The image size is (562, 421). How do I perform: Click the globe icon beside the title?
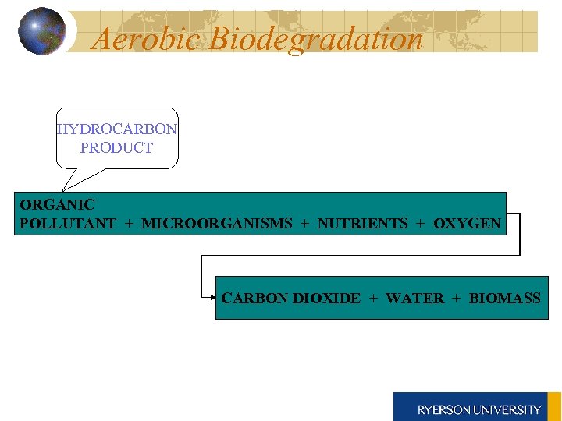(x=41, y=31)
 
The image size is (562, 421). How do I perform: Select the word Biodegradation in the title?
(x=316, y=38)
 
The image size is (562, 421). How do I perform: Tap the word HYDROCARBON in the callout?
(x=117, y=129)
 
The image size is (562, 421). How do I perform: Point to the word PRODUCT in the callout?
(x=116, y=147)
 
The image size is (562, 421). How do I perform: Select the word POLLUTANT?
(x=68, y=224)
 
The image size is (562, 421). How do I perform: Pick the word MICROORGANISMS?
(x=217, y=224)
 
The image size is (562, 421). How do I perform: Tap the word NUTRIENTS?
(x=362, y=224)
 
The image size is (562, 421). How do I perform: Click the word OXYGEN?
(x=467, y=224)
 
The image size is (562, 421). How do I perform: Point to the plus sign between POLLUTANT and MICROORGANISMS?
(x=129, y=224)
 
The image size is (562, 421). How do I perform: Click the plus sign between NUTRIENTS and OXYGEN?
(x=421, y=224)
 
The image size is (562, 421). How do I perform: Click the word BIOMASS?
(x=504, y=298)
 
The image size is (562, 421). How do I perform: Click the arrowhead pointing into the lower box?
(x=213, y=297)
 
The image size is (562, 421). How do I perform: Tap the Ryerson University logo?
(x=477, y=407)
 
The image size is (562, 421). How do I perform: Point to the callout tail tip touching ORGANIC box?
(x=64, y=190)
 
